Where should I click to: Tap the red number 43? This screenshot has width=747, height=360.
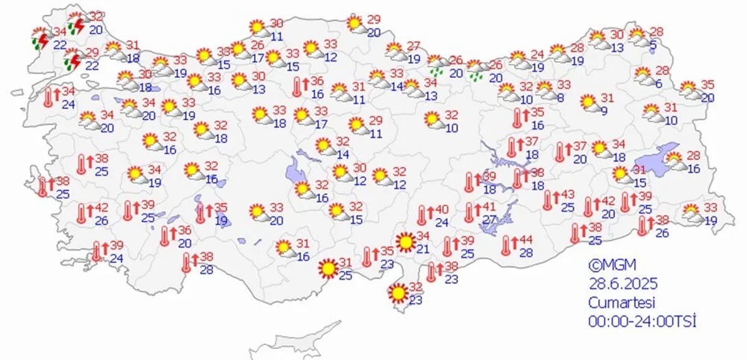coord(568,194)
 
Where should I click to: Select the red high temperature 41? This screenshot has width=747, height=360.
coord(489,207)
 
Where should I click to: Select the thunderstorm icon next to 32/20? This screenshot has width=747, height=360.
coord(77,23)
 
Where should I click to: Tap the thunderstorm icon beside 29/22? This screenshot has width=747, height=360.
coord(72,60)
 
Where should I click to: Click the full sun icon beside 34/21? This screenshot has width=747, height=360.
coord(406,242)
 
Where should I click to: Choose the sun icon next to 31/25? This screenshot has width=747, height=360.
coord(327,268)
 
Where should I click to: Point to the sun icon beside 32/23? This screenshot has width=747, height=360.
coord(397,291)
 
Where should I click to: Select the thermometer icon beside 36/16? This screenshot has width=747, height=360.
coord(299,87)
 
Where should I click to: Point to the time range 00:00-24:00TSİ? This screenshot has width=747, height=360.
coord(642,321)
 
